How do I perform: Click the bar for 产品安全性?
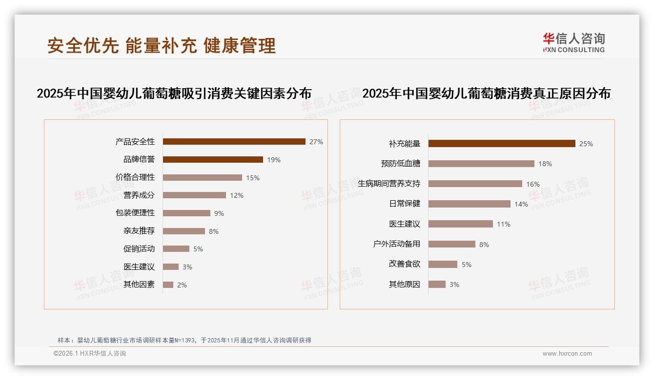[234, 142]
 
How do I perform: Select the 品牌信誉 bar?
[213, 160]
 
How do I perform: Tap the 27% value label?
[316, 142]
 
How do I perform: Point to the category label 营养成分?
[139, 195]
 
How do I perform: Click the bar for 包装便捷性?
[186, 213]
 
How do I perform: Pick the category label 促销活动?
[139, 249]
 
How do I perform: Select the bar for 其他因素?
[168, 285]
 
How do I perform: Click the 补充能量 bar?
[502, 144]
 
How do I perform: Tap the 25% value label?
[586, 144]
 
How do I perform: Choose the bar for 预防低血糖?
[481, 164]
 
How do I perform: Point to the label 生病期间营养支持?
[389, 184]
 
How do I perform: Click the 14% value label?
[521, 204]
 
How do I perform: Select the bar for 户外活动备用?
[452, 244]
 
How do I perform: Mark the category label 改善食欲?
[405, 264]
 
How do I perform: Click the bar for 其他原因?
[437, 285]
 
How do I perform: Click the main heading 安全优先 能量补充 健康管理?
[162, 45]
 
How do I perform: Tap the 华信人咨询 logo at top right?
[573, 42]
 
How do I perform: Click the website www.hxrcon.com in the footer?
[567, 354]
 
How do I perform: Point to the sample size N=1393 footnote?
[184, 341]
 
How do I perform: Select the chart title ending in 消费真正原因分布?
[486, 94]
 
